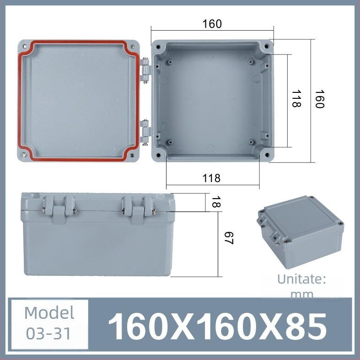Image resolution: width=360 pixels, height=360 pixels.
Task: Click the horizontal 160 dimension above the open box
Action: tap(212, 24)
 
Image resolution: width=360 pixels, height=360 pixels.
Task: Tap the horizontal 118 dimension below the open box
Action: tap(211, 178)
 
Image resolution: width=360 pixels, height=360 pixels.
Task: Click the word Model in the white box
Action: tap(49, 313)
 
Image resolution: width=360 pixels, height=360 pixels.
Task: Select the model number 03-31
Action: tap(49, 333)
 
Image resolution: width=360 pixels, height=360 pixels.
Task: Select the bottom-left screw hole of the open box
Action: tap(158, 155)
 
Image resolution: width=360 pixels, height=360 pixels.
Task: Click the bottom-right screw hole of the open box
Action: tap(266, 155)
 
